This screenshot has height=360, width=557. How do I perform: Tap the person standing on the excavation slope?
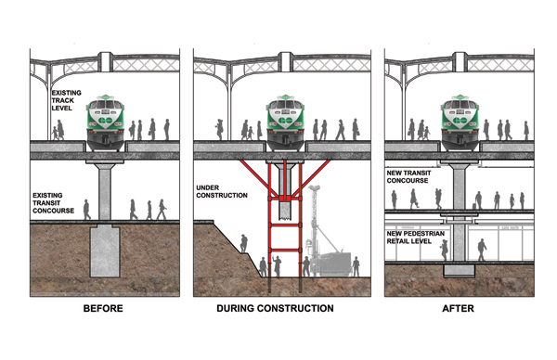tap(244, 243)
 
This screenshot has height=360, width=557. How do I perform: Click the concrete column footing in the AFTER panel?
tap(458, 269)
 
